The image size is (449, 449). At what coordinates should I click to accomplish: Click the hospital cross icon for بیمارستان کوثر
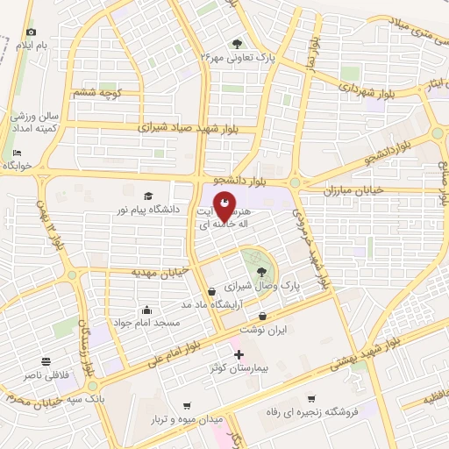[239, 353]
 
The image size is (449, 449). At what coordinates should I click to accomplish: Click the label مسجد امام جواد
[146, 324]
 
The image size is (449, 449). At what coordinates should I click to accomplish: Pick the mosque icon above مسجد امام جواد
[146, 310]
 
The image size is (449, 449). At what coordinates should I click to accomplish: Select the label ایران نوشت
[263, 331]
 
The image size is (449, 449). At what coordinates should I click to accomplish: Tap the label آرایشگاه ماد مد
[211, 304]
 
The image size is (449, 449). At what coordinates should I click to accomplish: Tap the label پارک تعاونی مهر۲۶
[238, 57]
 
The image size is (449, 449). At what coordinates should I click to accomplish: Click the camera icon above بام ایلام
[32, 32]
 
